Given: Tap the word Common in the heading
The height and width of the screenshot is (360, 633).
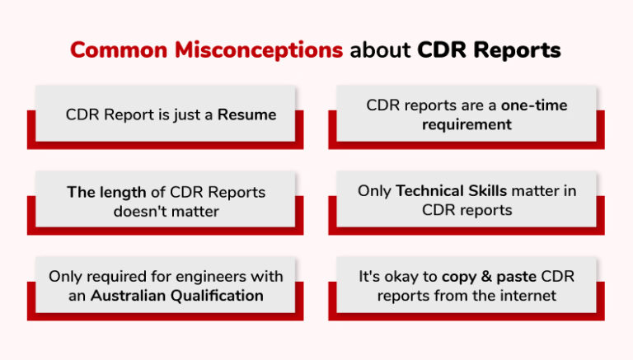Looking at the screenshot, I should [106, 50].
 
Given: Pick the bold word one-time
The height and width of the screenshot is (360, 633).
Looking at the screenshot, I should [536, 105].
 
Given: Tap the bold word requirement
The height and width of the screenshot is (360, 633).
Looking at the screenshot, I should [467, 124].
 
